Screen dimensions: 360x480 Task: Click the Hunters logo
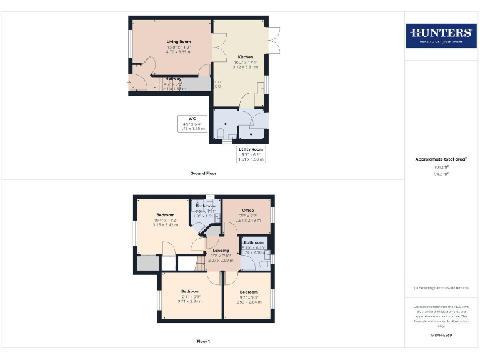pos(441,36)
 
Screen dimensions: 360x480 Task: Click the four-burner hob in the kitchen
pos(218,83)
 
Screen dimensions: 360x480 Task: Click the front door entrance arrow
pos(129,82)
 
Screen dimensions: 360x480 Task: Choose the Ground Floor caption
pos(204,172)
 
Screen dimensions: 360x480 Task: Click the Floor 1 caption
pos(204,342)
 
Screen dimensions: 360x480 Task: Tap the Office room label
pos(248,210)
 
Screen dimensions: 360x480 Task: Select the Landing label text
pos(221,251)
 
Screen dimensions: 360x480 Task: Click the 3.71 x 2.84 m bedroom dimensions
pos(191,301)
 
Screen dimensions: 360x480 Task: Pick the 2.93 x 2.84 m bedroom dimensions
pos(249,301)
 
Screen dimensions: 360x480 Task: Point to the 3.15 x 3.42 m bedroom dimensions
pos(166,224)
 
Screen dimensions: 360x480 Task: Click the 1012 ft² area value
pos(441,167)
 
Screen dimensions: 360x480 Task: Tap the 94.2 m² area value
pos(441,174)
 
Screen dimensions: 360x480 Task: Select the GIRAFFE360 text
pos(441,336)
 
